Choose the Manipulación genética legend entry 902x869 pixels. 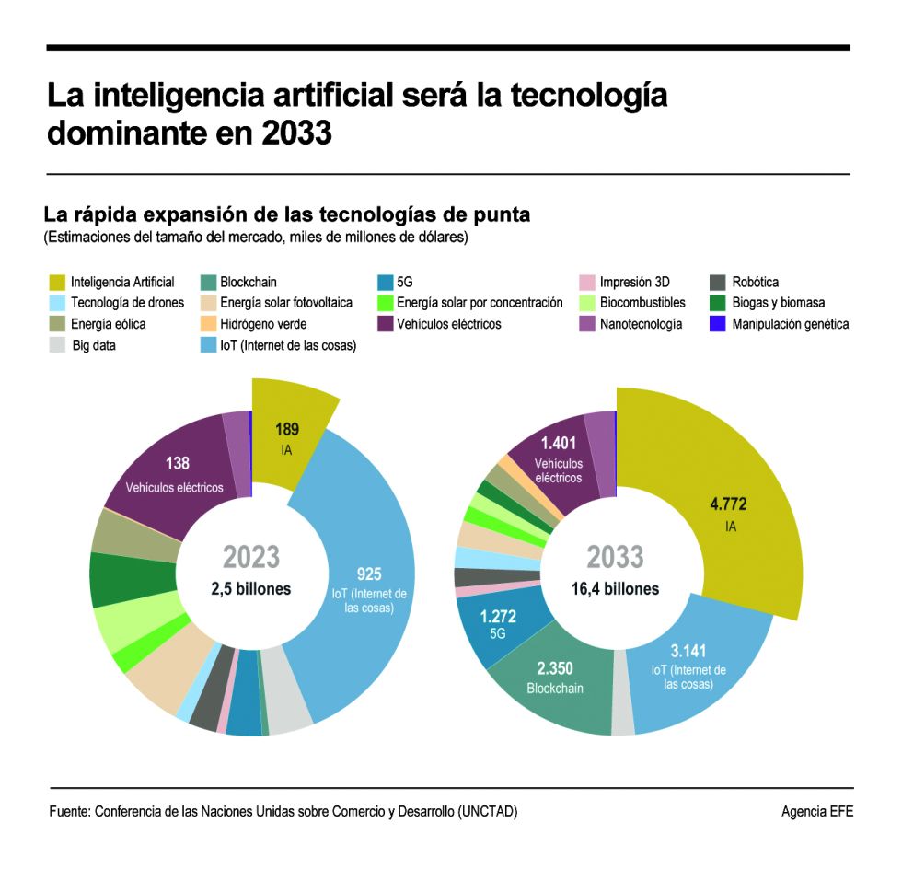click(790, 324)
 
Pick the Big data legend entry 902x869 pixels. click(94, 346)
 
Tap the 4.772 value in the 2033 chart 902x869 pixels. click(728, 504)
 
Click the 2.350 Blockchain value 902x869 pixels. click(555, 668)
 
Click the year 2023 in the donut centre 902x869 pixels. click(250, 557)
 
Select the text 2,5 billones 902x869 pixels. click(250, 588)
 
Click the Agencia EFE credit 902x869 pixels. click(816, 812)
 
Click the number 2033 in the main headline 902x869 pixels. click(295, 133)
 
